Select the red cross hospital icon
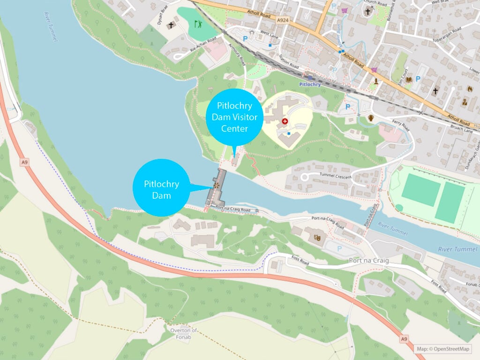point(285,121)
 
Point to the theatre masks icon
point(317,238)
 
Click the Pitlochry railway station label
point(310,84)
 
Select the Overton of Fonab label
point(184,333)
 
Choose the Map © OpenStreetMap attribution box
point(443,348)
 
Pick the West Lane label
point(269,34)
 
